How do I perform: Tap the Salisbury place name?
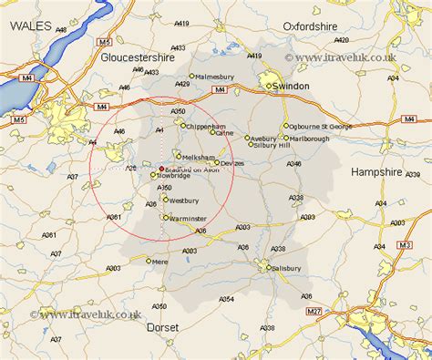285,268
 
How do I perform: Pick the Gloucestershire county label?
138,57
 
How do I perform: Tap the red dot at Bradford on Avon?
161,169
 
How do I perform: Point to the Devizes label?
233,163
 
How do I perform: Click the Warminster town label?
189,218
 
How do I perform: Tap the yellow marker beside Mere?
149,261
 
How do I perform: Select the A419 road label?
208,24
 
